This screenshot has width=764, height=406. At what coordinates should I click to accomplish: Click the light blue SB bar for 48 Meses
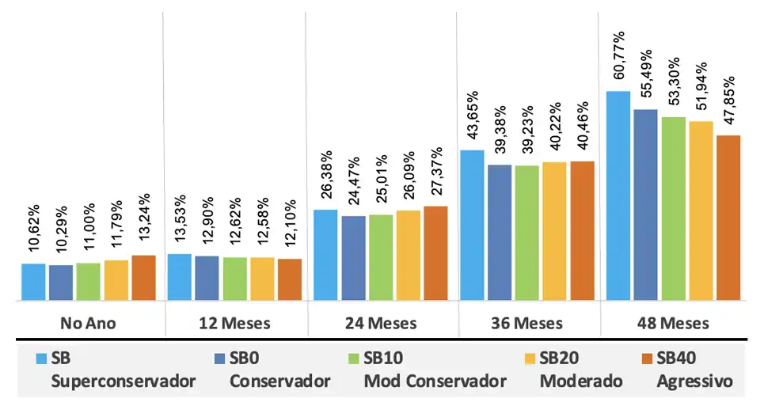pos(618,196)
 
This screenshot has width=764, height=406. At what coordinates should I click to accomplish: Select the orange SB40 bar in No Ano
pos(143,278)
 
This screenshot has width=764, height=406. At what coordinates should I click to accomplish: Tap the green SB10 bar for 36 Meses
pos(526,233)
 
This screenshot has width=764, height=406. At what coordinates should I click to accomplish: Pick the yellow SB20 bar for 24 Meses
pos(408,255)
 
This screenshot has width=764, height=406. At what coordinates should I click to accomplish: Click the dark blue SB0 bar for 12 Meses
pos(207,278)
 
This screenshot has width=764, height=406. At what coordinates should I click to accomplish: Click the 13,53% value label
pos(180,222)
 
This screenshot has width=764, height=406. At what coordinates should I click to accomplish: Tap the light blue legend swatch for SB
pos(41,359)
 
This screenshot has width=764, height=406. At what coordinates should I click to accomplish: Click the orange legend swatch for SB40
pos(645,359)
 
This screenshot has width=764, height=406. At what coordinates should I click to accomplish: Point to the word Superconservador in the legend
pos(123,381)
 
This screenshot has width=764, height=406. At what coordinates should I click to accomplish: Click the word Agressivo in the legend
pos(694,381)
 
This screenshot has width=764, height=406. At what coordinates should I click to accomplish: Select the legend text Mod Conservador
pos(435,381)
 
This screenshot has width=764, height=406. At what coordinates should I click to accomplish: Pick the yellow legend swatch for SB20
pos(528,359)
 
